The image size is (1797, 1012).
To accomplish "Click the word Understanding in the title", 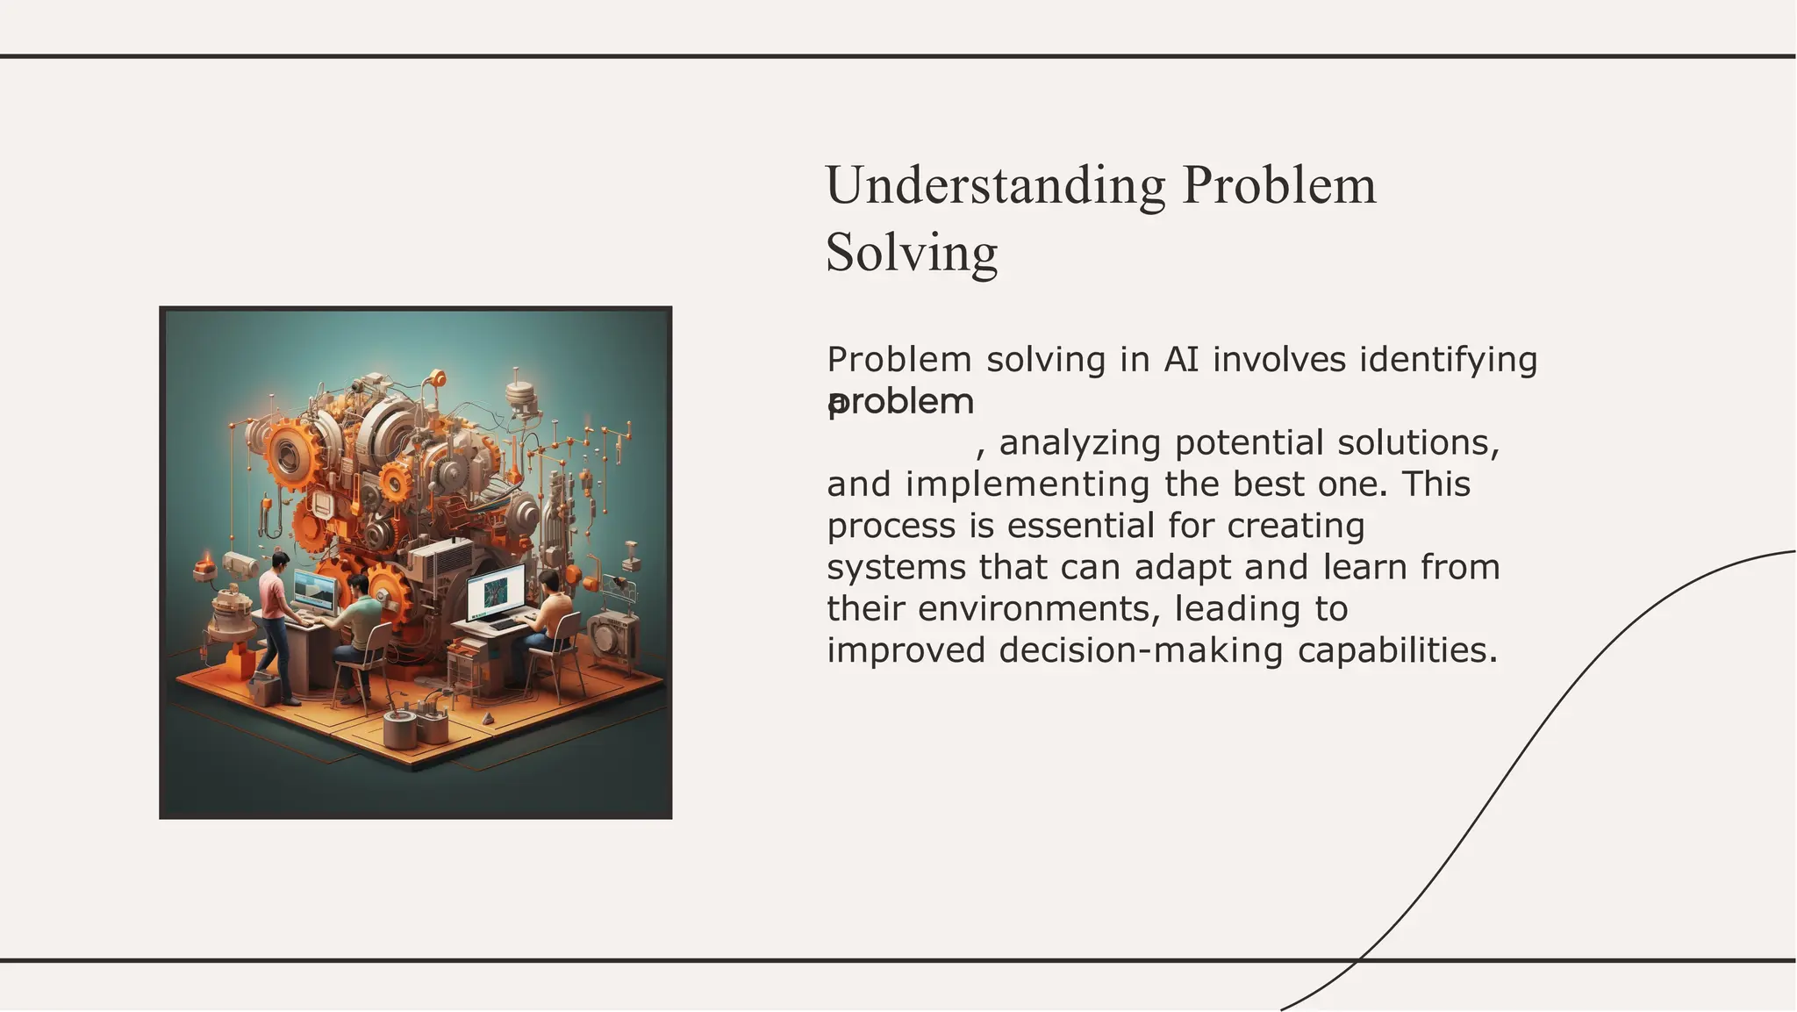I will coord(995,186).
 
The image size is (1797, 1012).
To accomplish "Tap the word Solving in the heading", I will coord(912,254).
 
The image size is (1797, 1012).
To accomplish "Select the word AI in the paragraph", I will coord(1181,360).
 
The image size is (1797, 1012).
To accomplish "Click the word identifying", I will coord(1448,360).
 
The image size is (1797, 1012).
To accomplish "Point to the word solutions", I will coord(1418,443).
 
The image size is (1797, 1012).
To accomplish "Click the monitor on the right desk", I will coord(496,591).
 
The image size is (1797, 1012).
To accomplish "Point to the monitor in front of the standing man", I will coord(314,590).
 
